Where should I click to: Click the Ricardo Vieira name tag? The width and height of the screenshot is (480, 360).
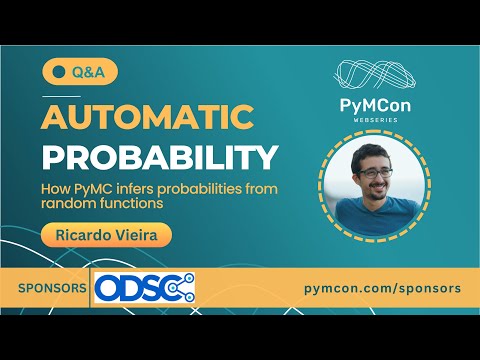(107, 234)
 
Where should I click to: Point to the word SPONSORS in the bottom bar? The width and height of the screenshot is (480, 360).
(51, 288)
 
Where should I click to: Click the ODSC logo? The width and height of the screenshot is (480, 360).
(144, 288)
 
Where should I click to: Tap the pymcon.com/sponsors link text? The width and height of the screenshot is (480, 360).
(382, 288)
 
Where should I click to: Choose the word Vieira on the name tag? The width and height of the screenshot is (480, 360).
(137, 234)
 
